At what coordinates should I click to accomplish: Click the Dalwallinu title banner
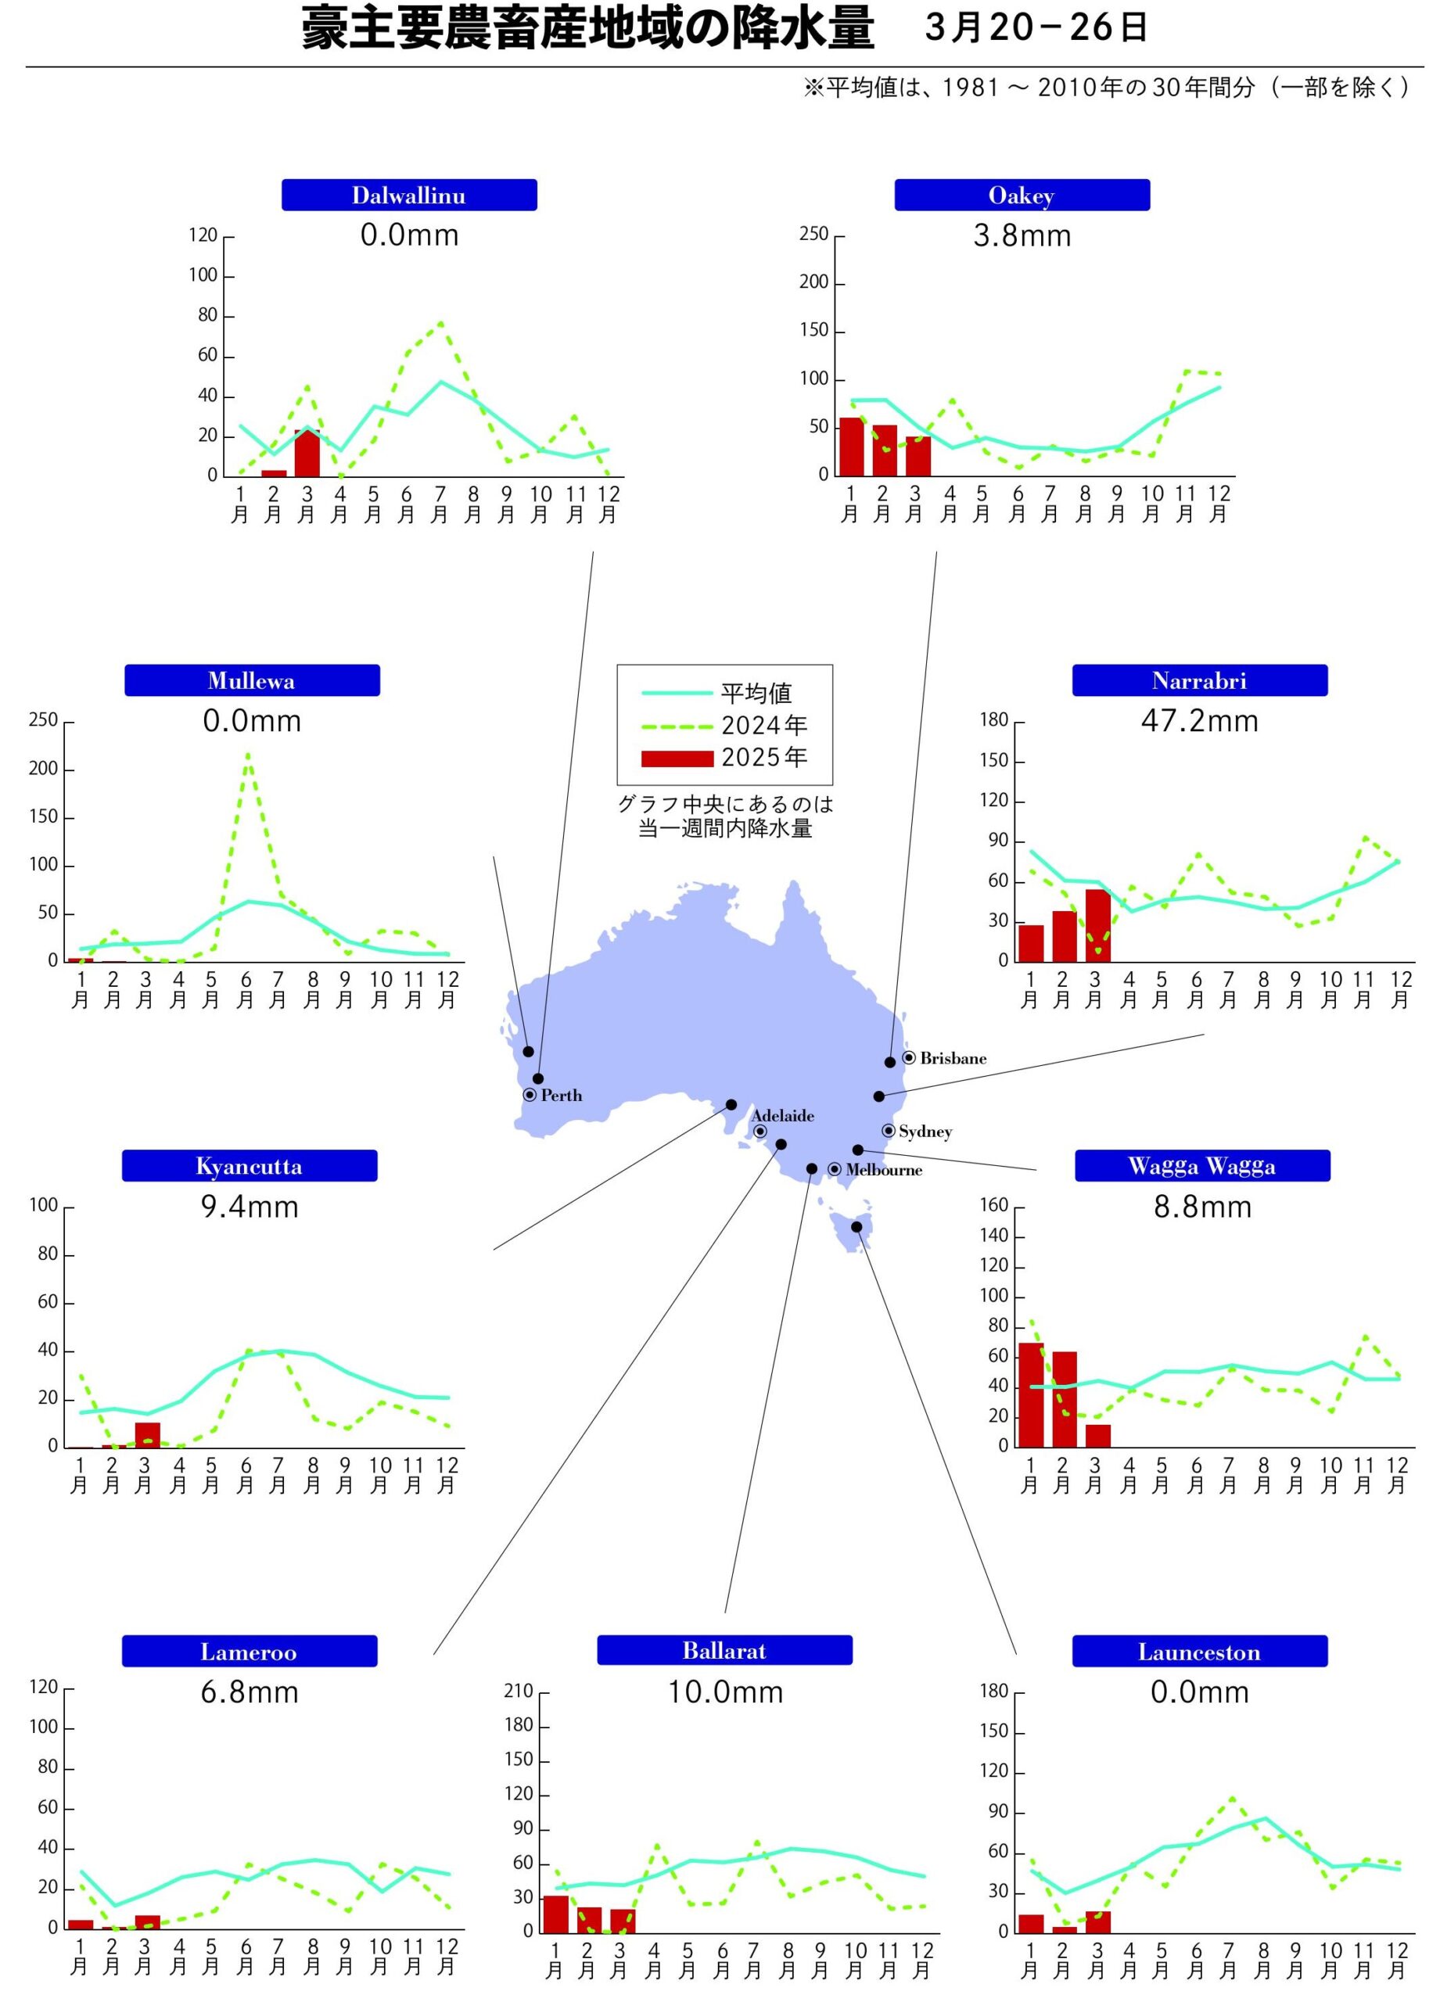click(x=409, y=195)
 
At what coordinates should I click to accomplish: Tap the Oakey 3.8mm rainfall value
click(x=1022, y=235)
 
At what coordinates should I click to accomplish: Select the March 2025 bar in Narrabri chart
click(x=1097, y=925)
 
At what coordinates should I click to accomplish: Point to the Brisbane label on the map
click(x=953, y=1058)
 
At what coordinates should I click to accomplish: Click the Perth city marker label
click(x=561, y=1096)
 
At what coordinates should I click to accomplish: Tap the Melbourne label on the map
click(x=883, y=1171)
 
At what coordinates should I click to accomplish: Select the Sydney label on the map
click(x=925, y=1132)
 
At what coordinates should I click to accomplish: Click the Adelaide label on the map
click(x=782, y=1116)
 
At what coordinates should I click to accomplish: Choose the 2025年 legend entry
click(x=763, y=757)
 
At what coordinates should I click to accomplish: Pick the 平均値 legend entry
click(x=756, y=693)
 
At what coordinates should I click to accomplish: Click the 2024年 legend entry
click(x=763, y=726)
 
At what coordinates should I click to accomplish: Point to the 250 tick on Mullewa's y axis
click(x=43, y=720)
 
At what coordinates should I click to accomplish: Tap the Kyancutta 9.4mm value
click(x=250, y=1207)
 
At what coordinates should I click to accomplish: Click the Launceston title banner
click(x=1199, y=1652)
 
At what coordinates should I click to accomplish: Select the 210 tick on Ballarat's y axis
click(x=519, y=1692)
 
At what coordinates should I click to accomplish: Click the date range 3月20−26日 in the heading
click(x=1036, y=28)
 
